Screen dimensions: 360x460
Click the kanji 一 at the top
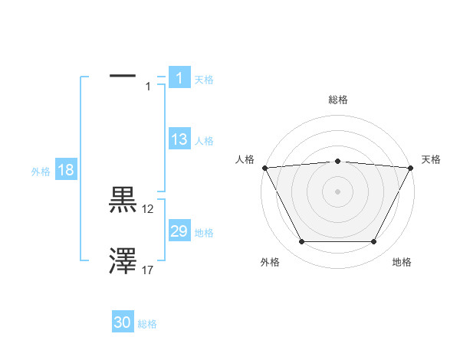click(123, 76)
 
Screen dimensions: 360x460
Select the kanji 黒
click(123, 200)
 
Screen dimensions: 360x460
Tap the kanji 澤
click(123, 261)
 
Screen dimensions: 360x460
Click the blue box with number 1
click(179, 78)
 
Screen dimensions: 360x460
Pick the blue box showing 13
click(179, 139)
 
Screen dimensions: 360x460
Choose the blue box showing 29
click(179, 231)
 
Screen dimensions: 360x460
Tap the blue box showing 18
click(66, 170)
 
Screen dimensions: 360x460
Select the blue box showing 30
click(123, 322)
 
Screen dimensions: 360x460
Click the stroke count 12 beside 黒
click(148, 208)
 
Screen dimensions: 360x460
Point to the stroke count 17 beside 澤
click(148, 270)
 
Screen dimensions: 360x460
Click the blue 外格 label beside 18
click(41, 172)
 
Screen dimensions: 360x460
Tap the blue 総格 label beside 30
click(147, 324)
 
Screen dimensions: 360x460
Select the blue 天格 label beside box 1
click(204, 80)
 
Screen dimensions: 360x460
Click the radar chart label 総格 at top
click(338, 100)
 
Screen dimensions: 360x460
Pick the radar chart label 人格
click(245, 159)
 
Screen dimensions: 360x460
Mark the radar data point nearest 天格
click(412, 168)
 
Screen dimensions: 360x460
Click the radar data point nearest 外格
click(301, 242)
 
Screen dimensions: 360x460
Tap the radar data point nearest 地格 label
click(374, 242)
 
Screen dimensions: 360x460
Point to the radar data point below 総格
click(338, 161)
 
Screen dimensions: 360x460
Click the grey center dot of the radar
click(338, 191)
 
